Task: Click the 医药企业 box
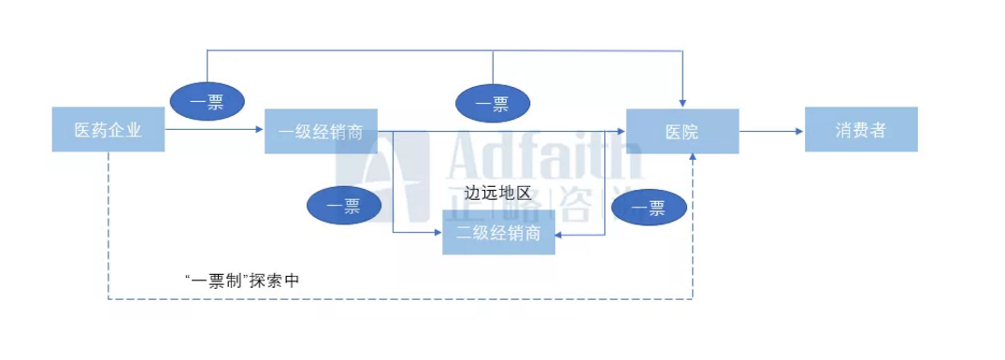click(x=108, y=130)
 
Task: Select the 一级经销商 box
click(x=321, y=131)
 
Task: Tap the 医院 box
click(x=682, y=131)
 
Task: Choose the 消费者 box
click(x=860, y=130)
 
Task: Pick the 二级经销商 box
click(x=498, y=233)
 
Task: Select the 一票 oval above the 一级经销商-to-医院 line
click(x=492, y=101)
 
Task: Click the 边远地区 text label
click(x=497, y=194)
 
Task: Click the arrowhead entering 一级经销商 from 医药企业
click(x=260, y=130)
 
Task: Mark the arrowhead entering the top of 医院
click(x=685, y=104)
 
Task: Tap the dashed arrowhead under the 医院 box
click(x=693, y=158)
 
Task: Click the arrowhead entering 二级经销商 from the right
click(x=560, y=240)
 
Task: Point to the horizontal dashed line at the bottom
click(x=402, y=300)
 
